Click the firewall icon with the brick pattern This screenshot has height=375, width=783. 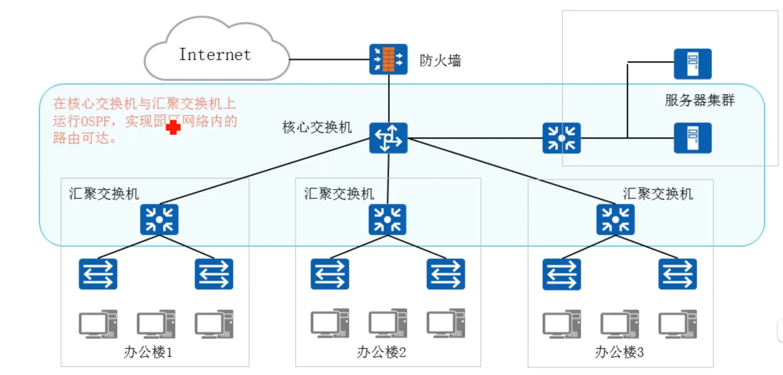pyautogui.click(x=388, y=59)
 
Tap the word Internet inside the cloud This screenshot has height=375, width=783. pyautogui.click(x=215, y=55)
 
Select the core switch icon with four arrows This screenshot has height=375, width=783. pyautogui.click(x=388, y=138)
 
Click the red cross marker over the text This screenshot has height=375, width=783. pyautogui.click(x=173, y=127)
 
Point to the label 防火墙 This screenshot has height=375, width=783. pyautogui.click(x=440, y=61)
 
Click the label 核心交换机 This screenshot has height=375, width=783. pyautogui.click(x=317, y=127)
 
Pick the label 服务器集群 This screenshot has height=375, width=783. pyautogui.click(x=700, y=100)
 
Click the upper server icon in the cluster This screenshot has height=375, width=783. pyautogui.click(x=692, y=64)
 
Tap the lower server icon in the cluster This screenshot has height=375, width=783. pyautogui.click(x=692, y=138)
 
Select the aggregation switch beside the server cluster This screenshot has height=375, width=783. pyautogui.click(x=561, y=138)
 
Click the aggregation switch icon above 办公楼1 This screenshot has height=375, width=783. pyautogui.click(x=159, y=219)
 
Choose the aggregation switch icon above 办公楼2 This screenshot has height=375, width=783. pyautogui.click(x=387, y=219)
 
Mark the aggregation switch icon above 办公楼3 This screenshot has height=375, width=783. pyautogui.click(x=615, y=219)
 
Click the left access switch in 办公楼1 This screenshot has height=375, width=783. pyautogui.click(x=98, y=274)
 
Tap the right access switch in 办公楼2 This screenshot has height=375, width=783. pyautogui.click(x=445, y=274)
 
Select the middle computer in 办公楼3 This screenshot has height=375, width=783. pyautogui.click(x=619, y=324)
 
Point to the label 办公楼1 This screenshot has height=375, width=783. pyautogui.click(x=148, y=352)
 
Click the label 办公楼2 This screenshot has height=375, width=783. pyautogui.click(x=381, y=352)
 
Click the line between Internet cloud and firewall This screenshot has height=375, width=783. pyautogui.click(x=328, y=59)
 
